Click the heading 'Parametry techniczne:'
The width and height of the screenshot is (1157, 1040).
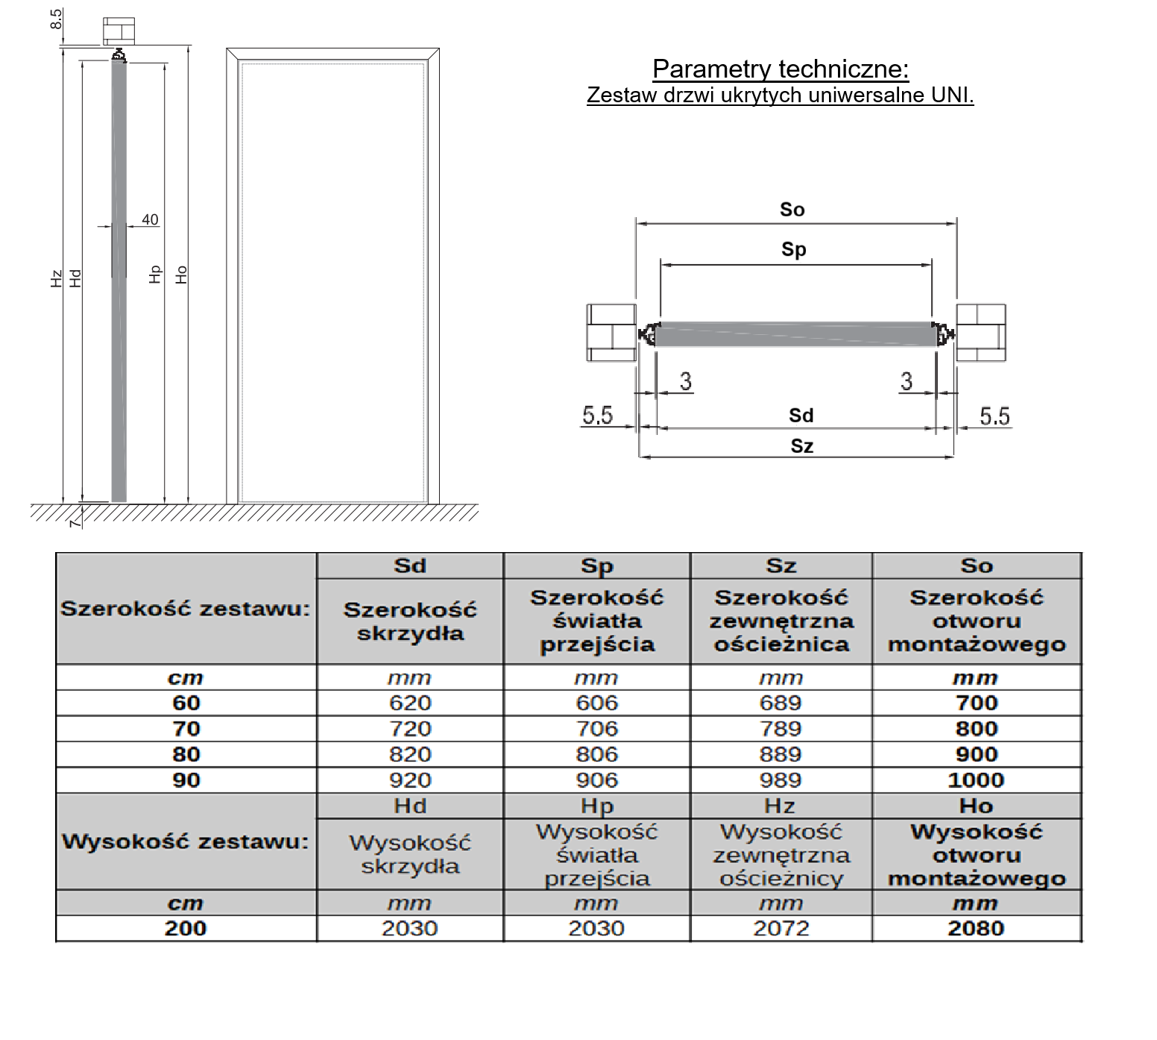tap(781, 69)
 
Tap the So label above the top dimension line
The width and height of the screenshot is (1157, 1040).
tap(792, 210)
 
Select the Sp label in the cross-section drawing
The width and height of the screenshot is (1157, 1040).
tap(793, 249)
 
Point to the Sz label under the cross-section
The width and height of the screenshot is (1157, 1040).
tap(801, 446)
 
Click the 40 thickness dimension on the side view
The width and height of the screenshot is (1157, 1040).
tap(150, 219)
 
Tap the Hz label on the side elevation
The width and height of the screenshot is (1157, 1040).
tap(57, 279)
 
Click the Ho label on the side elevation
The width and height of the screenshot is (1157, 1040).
tap(181, 275)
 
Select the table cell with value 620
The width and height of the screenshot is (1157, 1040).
tap(410, 703)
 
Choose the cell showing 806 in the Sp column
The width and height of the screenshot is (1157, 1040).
tap(596, 754)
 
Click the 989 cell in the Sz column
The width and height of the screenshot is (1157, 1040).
tap(781, 780)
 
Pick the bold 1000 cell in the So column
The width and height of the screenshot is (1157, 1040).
tap(976, 780)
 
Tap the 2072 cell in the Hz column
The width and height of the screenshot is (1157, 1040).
tap(781, 928)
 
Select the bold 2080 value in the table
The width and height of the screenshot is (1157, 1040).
tap(976, 928)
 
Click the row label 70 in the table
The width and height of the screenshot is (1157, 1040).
tap(186, 728)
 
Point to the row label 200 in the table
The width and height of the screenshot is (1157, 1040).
tap(186, 928)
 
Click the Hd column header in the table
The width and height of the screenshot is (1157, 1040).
tap(410, 806)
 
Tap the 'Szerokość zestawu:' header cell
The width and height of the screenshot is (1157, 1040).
tap(185, 609)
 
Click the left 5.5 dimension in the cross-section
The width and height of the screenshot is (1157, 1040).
tap(597, 415)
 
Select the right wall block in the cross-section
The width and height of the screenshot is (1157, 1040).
tap(981, 333)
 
